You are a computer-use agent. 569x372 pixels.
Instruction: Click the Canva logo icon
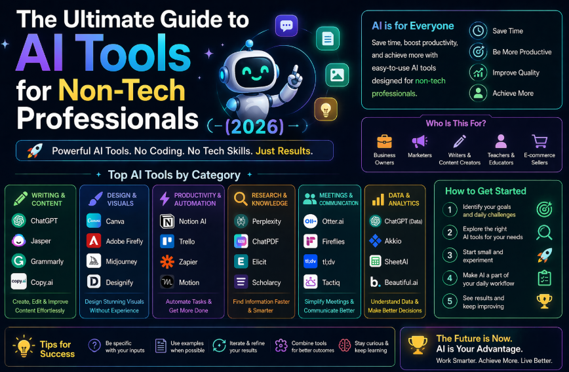(94, 221)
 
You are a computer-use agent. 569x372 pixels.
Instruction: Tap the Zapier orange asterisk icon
(167, 262)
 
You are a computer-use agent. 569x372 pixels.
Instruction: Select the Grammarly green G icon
(19, 261)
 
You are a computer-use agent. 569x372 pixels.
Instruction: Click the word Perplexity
(266, 221)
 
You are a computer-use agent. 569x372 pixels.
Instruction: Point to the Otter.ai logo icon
(310, 221)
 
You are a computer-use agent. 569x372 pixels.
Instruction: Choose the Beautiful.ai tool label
(401, 282)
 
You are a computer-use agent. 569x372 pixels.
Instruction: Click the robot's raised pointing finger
(296, 71)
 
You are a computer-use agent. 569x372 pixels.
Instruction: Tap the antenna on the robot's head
(249, 45)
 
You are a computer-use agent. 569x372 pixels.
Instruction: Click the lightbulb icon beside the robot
(326, 109)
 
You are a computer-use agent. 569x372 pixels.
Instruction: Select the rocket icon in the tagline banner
(35, 151)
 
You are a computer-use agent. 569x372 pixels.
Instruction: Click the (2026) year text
(254, 126)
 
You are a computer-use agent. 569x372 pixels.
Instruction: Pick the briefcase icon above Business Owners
(384, 141)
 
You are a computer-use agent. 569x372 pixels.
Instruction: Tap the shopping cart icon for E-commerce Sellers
(540, 141)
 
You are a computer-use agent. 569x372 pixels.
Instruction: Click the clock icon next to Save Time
(479, 31)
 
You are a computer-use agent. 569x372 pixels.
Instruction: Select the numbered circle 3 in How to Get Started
(450, 255)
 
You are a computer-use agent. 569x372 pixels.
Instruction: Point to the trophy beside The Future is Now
(418, 344)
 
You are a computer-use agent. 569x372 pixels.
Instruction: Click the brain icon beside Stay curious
(345, 346)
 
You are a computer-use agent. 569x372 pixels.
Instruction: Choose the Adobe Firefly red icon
(94, 241)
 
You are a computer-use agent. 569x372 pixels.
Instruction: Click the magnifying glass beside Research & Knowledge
(241, 198)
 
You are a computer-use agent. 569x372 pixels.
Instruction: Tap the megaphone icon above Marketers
(420, 141)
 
